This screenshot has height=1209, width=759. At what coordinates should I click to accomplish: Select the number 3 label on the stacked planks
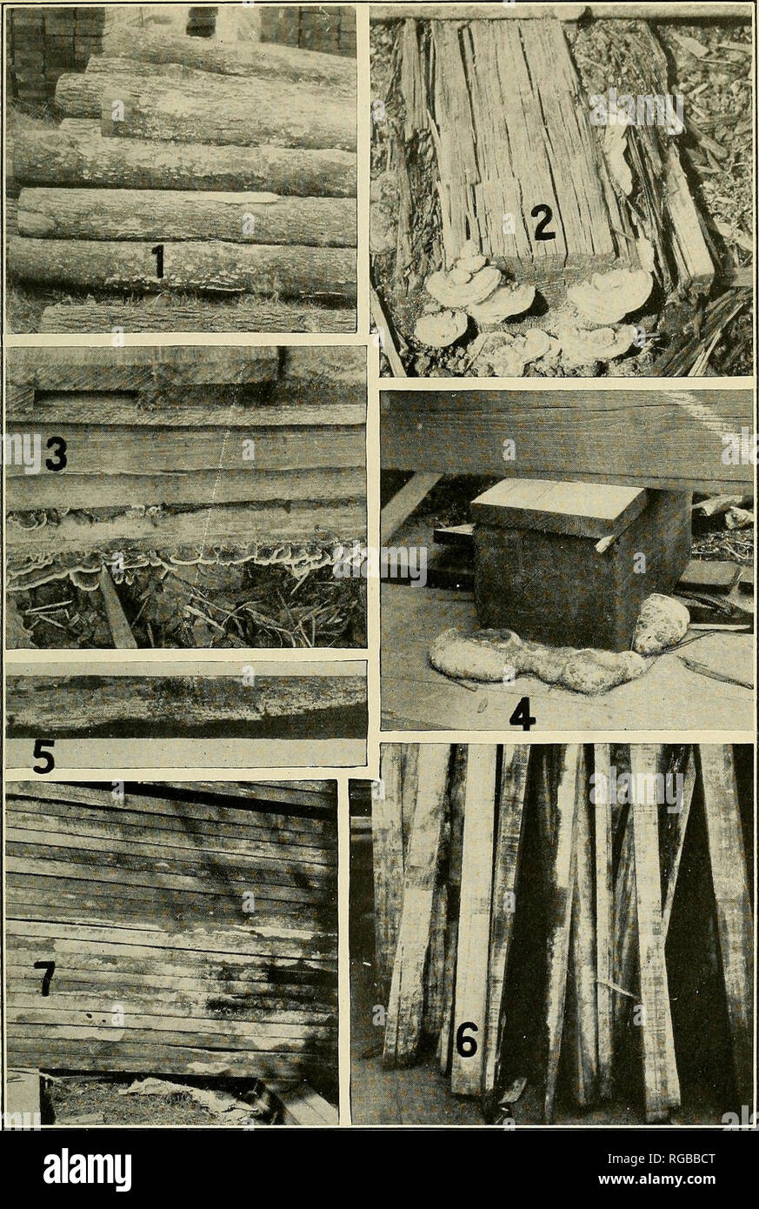point(57,452)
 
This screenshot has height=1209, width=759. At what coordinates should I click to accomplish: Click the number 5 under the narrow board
point(43,758)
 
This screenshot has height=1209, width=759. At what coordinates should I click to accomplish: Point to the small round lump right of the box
point(660,623)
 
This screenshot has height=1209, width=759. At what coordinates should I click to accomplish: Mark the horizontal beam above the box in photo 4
point(565,435)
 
